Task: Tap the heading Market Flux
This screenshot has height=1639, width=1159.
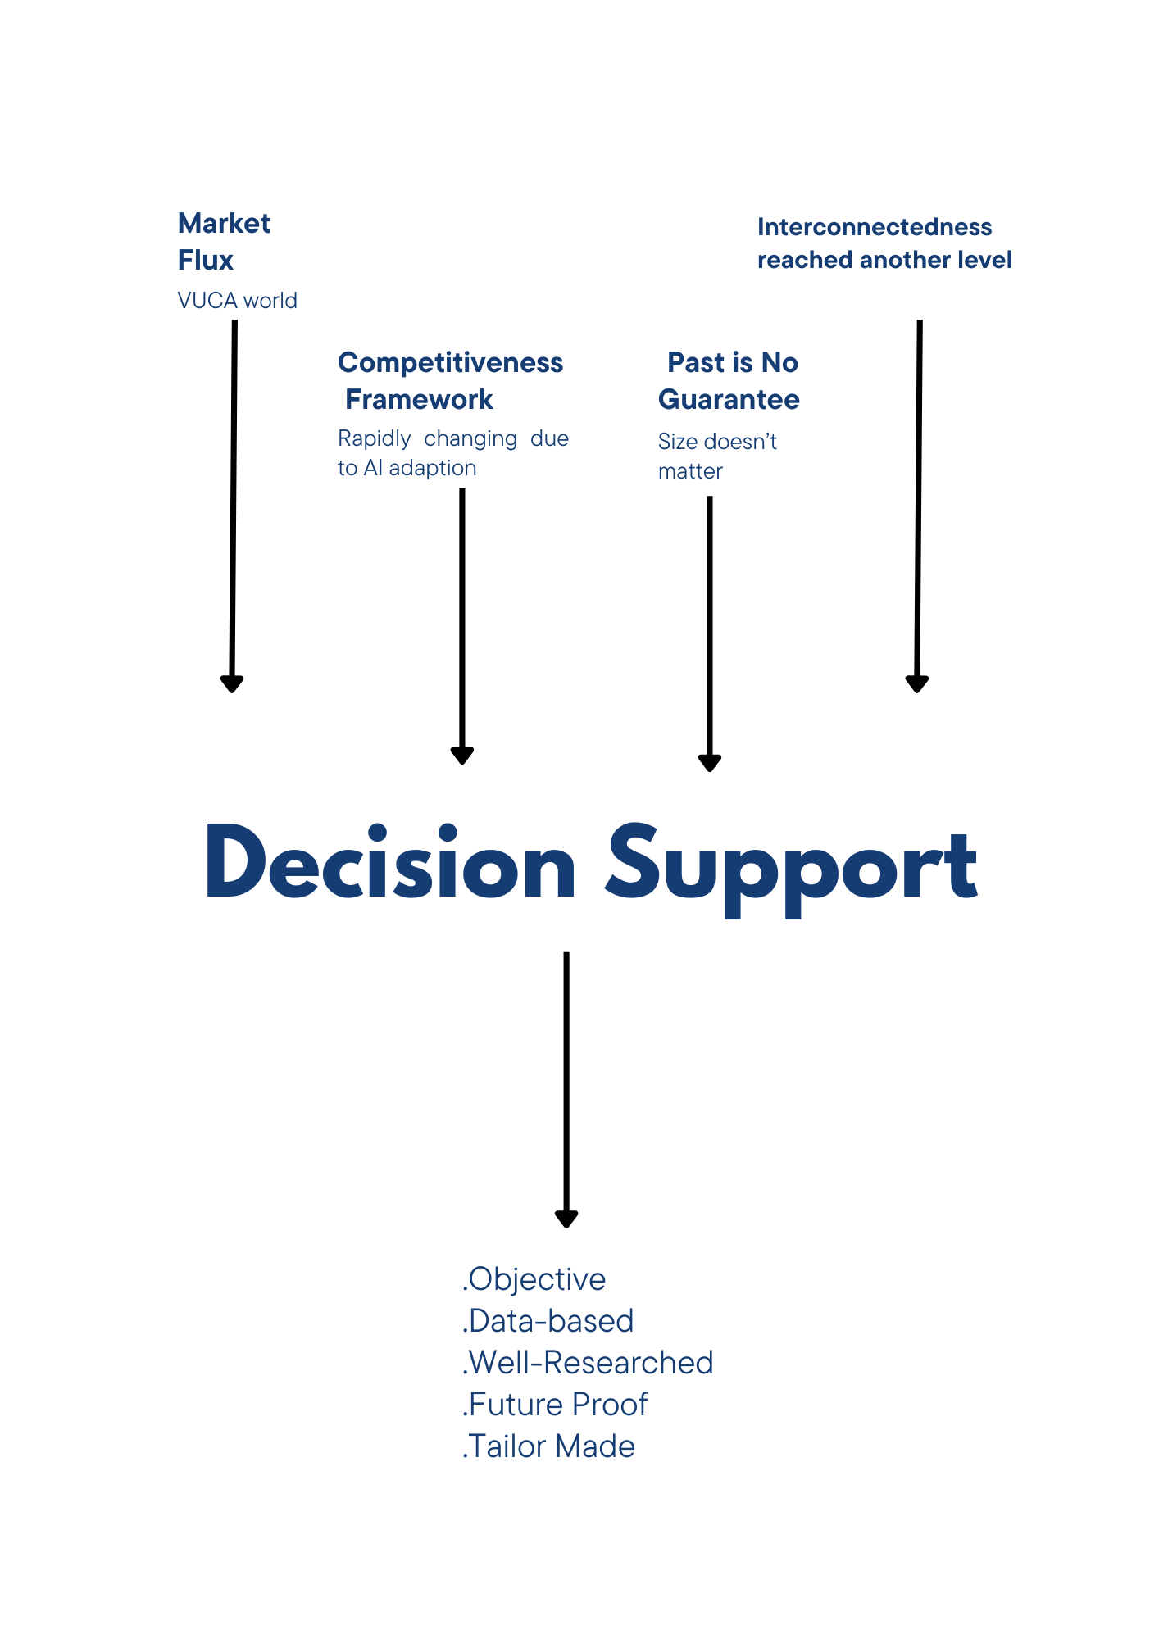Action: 224,241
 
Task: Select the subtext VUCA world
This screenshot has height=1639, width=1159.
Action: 237,301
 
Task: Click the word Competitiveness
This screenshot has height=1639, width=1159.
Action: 450,362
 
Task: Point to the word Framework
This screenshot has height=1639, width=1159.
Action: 419,399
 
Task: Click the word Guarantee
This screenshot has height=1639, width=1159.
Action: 729,399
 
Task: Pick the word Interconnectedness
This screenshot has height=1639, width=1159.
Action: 874,227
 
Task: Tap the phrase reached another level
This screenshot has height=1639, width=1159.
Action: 884,260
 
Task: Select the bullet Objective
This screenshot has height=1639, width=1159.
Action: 535,1279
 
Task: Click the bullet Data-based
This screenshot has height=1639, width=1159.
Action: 549,1321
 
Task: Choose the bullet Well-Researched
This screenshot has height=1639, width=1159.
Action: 589,1363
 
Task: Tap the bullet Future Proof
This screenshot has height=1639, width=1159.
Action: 556,1405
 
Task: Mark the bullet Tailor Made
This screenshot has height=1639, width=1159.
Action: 549,1446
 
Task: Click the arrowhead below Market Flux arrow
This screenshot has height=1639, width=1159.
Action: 232,683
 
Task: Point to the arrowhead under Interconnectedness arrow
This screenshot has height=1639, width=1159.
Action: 916,683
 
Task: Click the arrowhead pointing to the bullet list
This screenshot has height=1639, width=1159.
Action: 566,1219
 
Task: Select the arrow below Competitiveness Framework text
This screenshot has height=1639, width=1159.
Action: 462,623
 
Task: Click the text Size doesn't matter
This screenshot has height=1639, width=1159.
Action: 716,456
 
